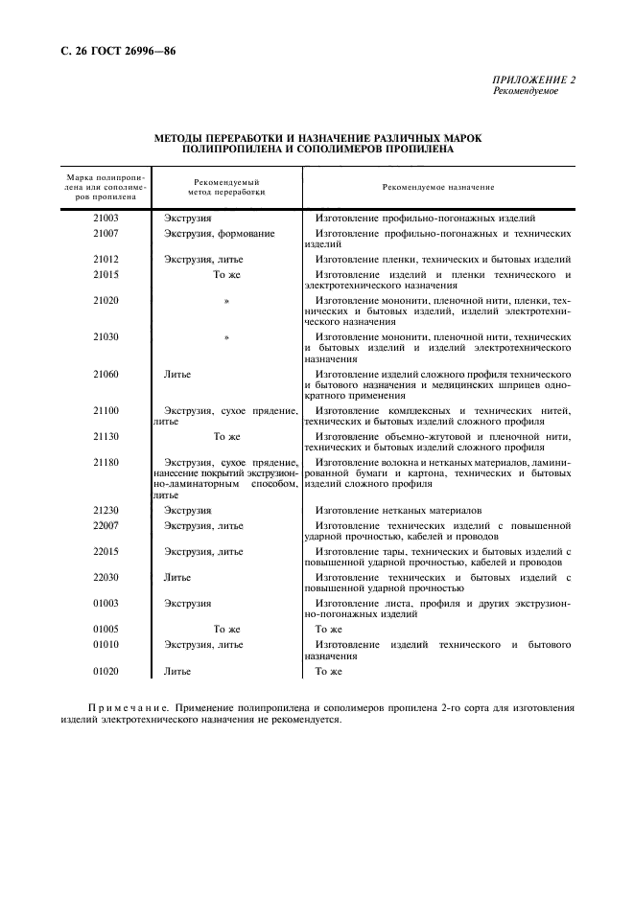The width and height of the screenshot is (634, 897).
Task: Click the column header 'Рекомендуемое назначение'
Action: [437, 187]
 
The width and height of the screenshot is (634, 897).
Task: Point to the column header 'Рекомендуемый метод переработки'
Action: [226, 187]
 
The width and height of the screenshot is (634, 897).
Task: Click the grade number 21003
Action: [106, 218]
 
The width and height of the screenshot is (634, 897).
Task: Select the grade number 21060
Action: [106, 373]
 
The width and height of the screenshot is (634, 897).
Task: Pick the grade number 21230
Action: [106, 511]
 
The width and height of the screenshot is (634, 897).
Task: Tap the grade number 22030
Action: [106, 577]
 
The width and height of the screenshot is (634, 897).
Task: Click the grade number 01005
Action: [106, 629]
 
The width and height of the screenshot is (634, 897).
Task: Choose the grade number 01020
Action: [106, 672]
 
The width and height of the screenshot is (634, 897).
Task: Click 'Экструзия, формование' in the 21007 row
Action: [220, 233]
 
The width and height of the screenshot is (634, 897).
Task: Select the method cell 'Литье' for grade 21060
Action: [177, 373]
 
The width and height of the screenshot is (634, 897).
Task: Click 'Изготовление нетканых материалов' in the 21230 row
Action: [398, 511]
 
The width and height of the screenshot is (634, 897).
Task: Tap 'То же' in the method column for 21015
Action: [225, 275]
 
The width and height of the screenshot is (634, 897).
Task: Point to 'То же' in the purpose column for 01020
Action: [328, 672]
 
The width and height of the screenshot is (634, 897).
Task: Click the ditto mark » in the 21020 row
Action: [226, 301]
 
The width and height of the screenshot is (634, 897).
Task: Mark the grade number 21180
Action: [106, 462]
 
